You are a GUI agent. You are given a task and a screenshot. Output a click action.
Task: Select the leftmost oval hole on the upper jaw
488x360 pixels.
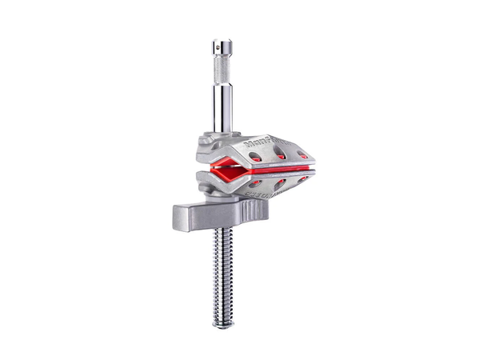255,157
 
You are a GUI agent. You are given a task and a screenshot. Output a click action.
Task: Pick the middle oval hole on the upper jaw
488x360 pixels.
280,155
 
